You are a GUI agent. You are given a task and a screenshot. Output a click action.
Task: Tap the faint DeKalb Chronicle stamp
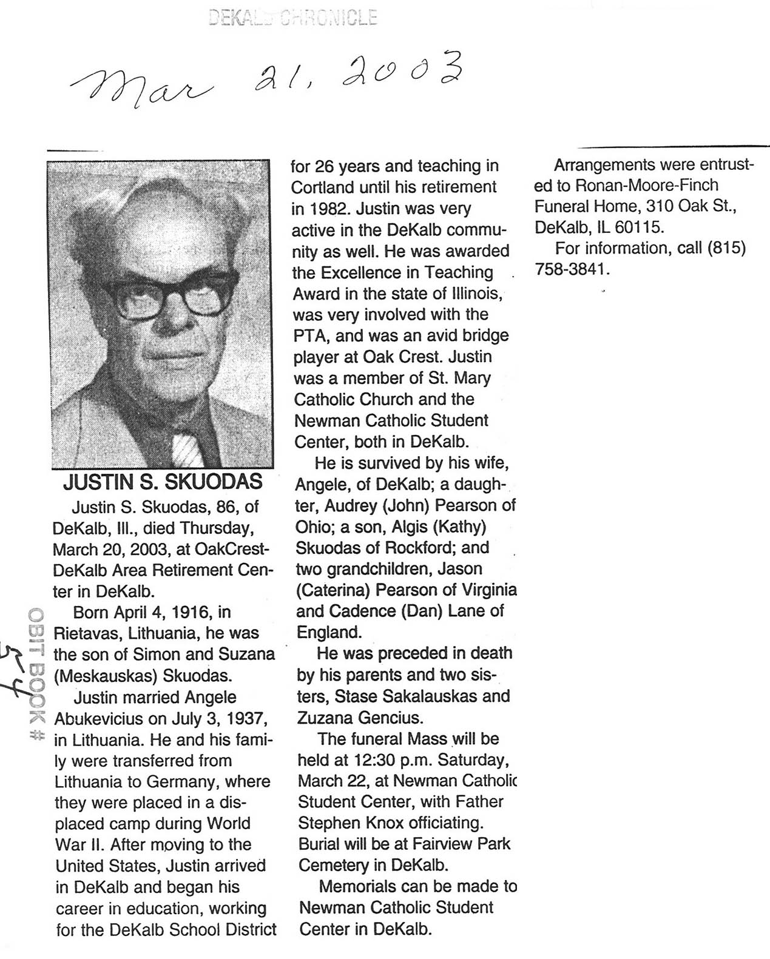coord(292,18)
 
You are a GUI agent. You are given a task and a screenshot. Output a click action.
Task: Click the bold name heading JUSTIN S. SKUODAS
coord(163,482)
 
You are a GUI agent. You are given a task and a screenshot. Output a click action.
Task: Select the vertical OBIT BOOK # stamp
coord(36,674)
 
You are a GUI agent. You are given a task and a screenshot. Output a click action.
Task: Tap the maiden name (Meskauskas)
coord(115,676)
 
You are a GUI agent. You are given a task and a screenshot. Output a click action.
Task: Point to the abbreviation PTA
coord(311,335)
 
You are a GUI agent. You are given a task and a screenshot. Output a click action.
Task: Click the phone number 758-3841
coord(570,269)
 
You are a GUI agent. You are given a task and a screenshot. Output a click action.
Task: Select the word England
coord(328,632)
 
